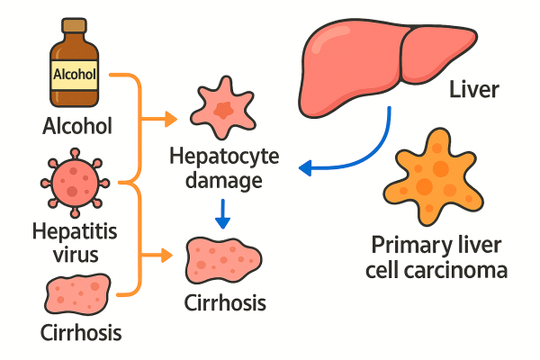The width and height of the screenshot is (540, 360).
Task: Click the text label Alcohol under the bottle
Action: click(77, 126)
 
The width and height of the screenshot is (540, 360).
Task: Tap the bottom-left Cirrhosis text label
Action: click(80, 335)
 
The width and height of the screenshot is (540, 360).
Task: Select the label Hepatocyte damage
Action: click(224, 169)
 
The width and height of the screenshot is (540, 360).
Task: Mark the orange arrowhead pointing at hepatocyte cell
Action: click(171, 118)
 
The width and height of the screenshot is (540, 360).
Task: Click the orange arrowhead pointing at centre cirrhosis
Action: click(171, 256)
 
